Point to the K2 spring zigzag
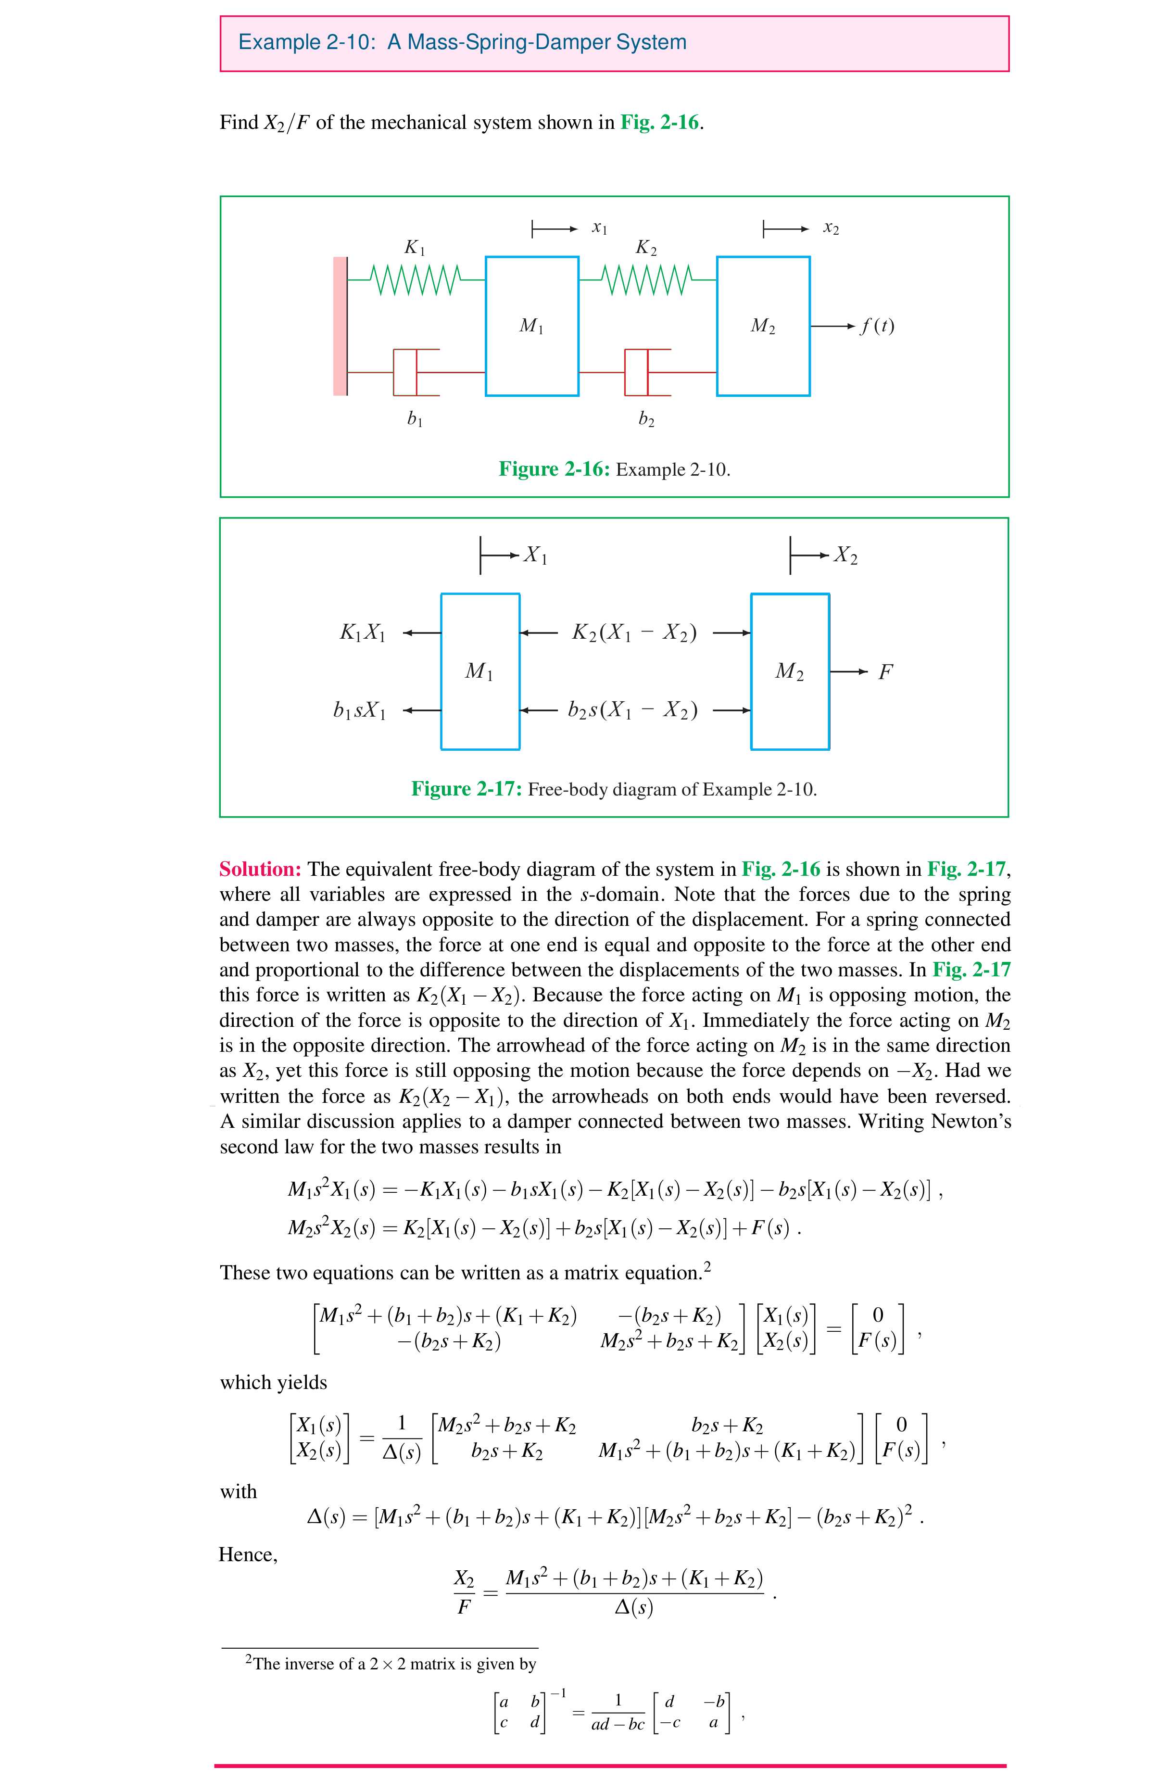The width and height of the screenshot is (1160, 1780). pos(647,280)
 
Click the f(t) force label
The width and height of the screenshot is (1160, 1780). pos(877,326)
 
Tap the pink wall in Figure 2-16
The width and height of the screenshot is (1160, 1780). pos(340,326)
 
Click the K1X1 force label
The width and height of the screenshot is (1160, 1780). pos(363,633)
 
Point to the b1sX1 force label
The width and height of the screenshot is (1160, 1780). pos(360,710)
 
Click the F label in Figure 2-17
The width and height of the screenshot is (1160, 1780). pos(885,671)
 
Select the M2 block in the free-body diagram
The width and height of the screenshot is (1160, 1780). pos(790,671)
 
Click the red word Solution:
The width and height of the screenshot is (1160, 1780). pos(260,869)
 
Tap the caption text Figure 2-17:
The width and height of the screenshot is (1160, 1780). pos(467,789)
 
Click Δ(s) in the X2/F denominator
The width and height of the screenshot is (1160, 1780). pos(633,1607)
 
